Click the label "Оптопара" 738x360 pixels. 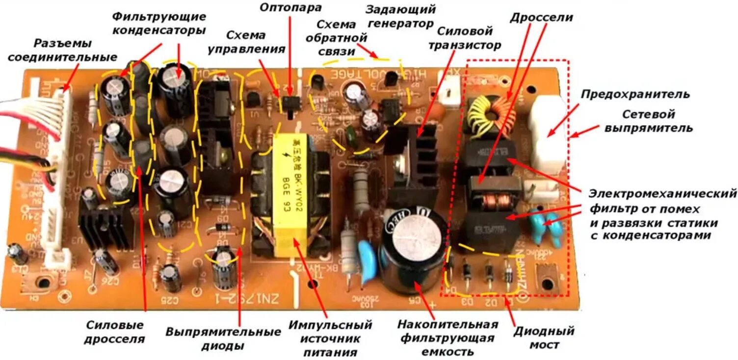(x=290, y=8)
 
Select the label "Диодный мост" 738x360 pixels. (x=544, y=337)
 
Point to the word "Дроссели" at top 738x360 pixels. (x=541, y=18)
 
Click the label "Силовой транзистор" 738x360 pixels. (x=465, y=38)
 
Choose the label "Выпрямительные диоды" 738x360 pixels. (x=223, y=338)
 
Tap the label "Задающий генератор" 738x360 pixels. (x=400, y=16)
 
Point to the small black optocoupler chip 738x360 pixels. (x=291, y=103)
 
